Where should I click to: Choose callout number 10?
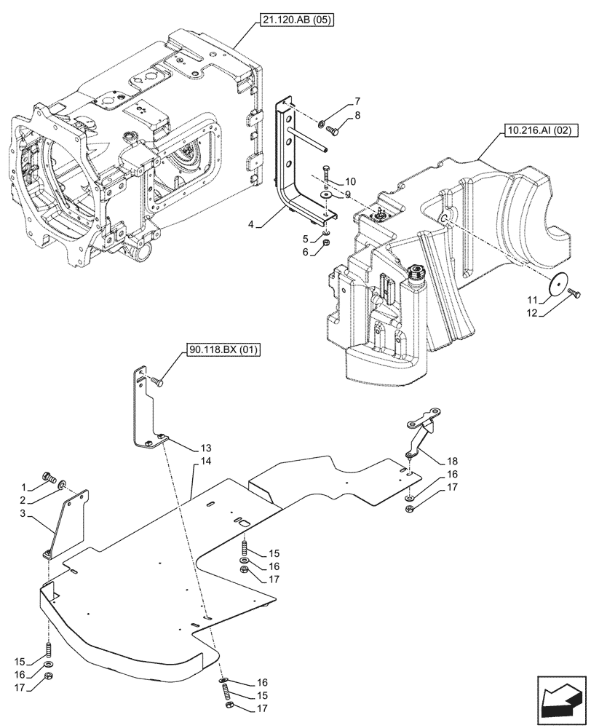pos(350,181)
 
